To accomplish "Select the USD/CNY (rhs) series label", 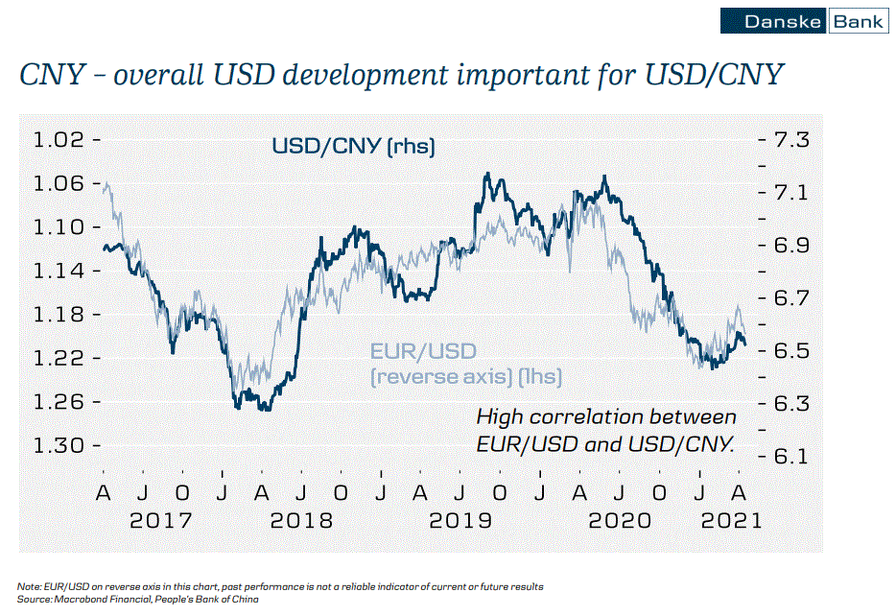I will pos(354,147).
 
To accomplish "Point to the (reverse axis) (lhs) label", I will pos(466,376).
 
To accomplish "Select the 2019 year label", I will pos(460,520).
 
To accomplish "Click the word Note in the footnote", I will pos(28,586).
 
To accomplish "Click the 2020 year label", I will pos(619,520).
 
